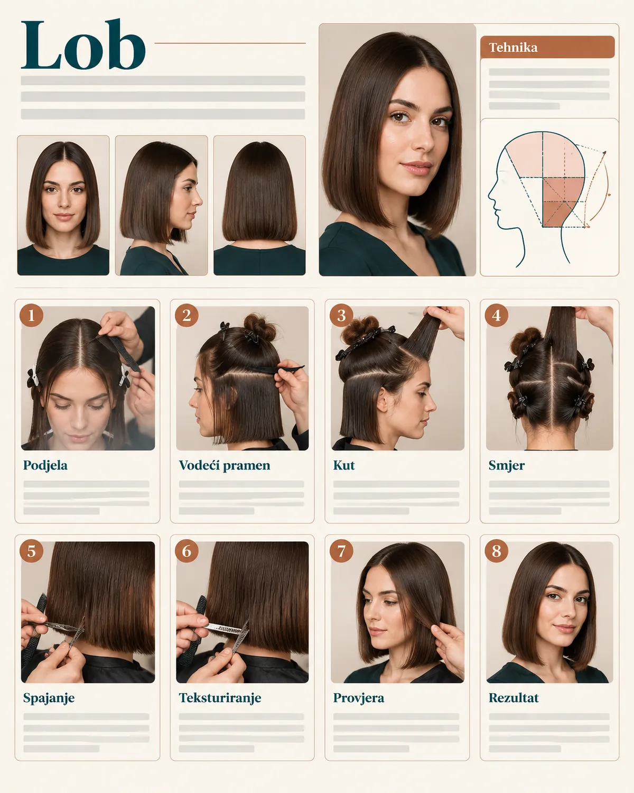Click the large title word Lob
click(83, 44)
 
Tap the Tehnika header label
click(513, 48)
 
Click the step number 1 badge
click(31, 316)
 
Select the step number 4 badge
click(496, 316)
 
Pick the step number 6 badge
click(187, 551)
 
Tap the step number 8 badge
click(496, 551)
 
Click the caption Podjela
click(45, 465)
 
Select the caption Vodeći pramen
click(225, 465)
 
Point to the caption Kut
click(344, 465)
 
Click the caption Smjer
click(507, 466)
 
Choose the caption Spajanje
click(49, 698)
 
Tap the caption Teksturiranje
click(220, 698)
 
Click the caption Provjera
click(358, 698)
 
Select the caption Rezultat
click(514, 698)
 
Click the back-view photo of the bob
click(259, 205)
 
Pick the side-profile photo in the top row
click(161, 205)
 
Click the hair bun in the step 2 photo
click(260, 327)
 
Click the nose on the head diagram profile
click(491, 193)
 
